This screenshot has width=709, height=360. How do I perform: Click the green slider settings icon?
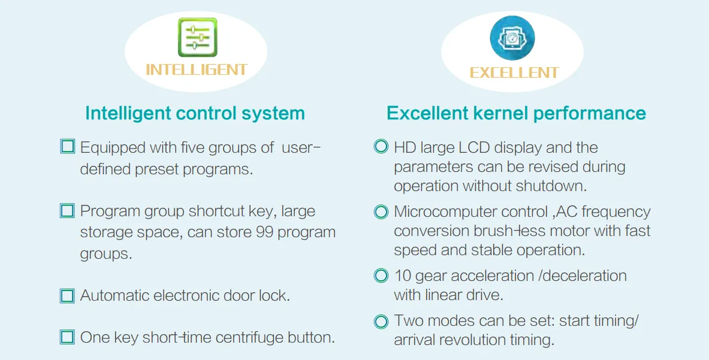point(198,38)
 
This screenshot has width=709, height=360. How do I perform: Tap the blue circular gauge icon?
point(512,38)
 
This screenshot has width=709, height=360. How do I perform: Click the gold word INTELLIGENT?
point(197,69)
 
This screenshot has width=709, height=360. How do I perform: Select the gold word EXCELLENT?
point(515,72)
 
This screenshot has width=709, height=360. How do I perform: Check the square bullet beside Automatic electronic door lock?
point(67,296)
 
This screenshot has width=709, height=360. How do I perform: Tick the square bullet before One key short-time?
point(67,337)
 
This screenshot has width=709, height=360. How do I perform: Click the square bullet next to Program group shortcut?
point(67,211)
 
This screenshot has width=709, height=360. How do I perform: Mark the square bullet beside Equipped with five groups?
point(67,146)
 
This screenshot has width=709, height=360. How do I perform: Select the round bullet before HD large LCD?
point(381,146)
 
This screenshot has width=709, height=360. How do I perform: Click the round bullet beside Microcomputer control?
point(381,212)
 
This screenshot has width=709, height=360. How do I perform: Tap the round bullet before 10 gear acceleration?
point(381,276)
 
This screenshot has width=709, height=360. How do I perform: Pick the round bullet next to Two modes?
point(381,322)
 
